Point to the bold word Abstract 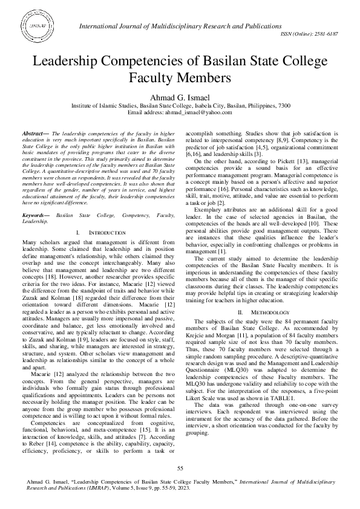coord(32,132)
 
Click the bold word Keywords coord(34,198)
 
